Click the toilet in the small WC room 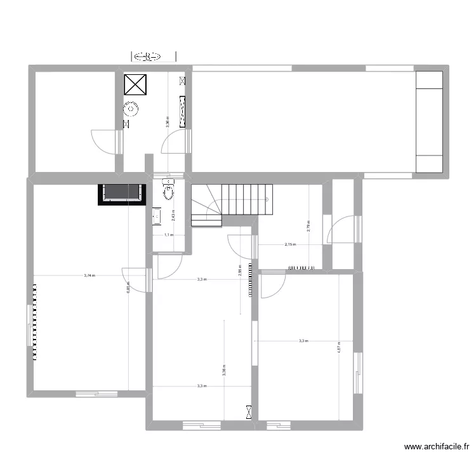[x=168, y=190]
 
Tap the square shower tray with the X [x=135, y=85]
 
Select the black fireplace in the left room [x=120, y=194]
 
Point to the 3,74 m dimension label [x=89, y=275]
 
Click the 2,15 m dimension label [x=290, y=244]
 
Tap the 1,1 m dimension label [x=168, y=235]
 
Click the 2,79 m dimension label [x=308, y=225]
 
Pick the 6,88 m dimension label [x=128, y=287]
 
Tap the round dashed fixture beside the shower [x=131, y=109]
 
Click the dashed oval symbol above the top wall [x=147, y=57]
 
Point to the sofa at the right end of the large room [x=429, y=122]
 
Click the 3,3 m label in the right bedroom [x=303, y=341]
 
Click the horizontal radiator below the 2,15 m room [x=302, y=268]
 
